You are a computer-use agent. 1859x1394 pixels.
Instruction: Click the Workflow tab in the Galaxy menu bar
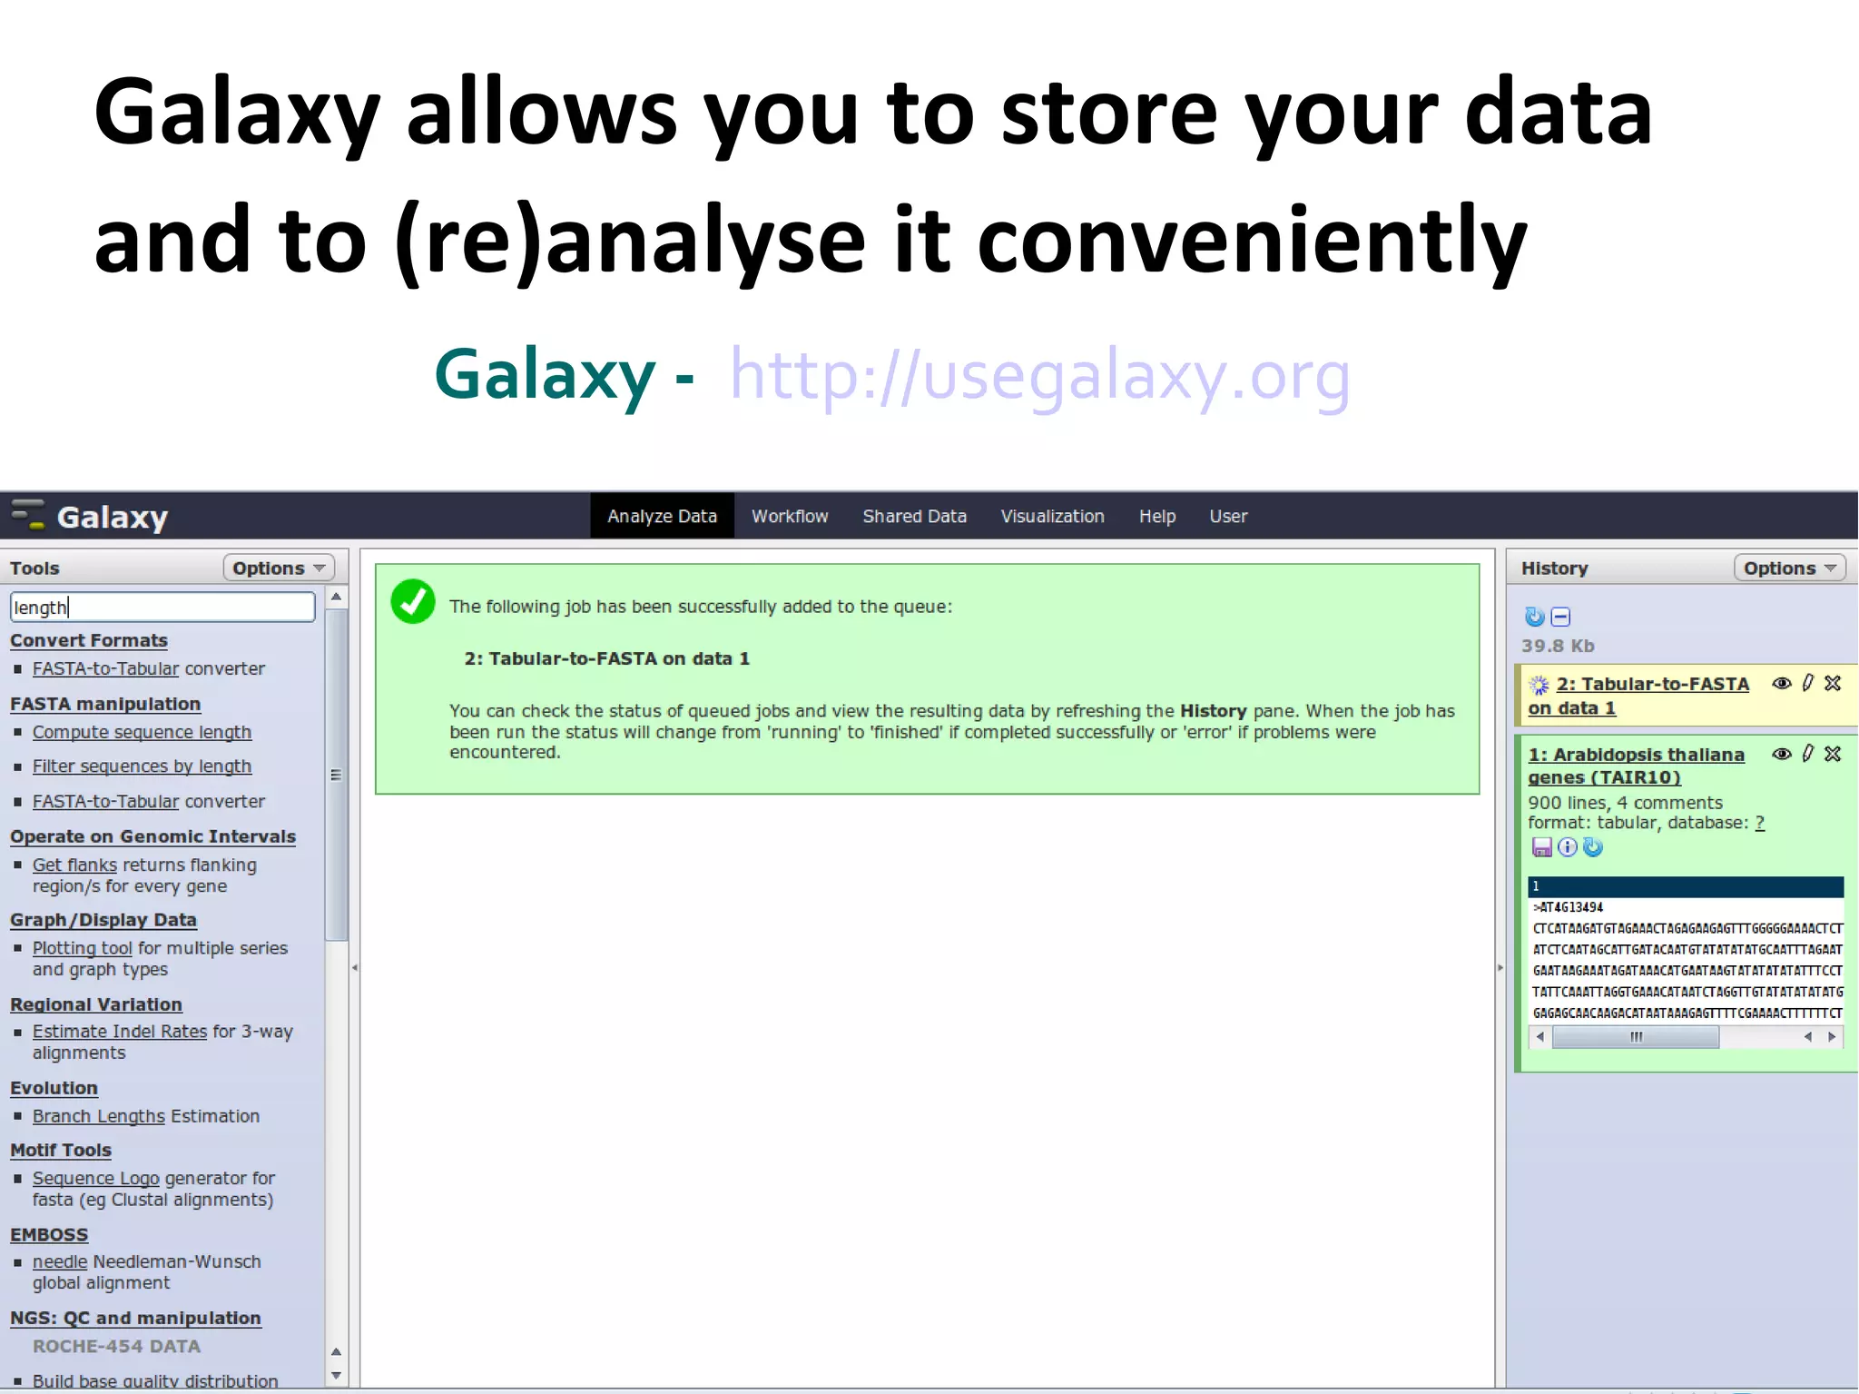click(789, 516)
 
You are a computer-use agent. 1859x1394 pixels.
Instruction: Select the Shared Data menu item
click(914, 516)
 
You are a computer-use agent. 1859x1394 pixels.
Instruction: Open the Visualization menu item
click(1052, 516)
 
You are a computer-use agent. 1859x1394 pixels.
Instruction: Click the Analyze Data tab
click(662, 516)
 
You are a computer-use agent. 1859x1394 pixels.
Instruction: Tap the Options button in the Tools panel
click(278, 568)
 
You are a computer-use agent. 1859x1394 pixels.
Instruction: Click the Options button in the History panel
click(1789, 568)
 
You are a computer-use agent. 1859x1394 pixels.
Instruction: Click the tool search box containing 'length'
click(162, 607)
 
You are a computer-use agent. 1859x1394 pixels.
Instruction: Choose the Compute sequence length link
click(142, 732)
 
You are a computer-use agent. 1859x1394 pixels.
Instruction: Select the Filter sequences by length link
click(142, 766)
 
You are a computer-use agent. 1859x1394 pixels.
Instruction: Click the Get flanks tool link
click(74, 865)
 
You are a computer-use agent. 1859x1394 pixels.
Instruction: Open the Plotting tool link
click(83, 948)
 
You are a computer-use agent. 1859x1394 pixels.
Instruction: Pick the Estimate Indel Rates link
click(120, 1032)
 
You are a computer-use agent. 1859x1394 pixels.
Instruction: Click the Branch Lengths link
click(99, 1116)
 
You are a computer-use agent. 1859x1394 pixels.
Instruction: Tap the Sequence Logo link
click(96, 1178)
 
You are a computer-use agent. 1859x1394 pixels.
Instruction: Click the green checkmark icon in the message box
click(413, 601)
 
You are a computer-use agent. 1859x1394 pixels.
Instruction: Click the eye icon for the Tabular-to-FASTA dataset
click(1782, 684)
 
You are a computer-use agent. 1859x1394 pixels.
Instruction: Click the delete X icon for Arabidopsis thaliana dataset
click(1833, 754)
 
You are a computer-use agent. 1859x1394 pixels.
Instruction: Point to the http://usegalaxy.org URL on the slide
click(1039, 375)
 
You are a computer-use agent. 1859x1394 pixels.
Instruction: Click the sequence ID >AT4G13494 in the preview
click(1569, 907)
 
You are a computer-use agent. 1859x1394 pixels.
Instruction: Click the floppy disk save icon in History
click(1541, 847)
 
